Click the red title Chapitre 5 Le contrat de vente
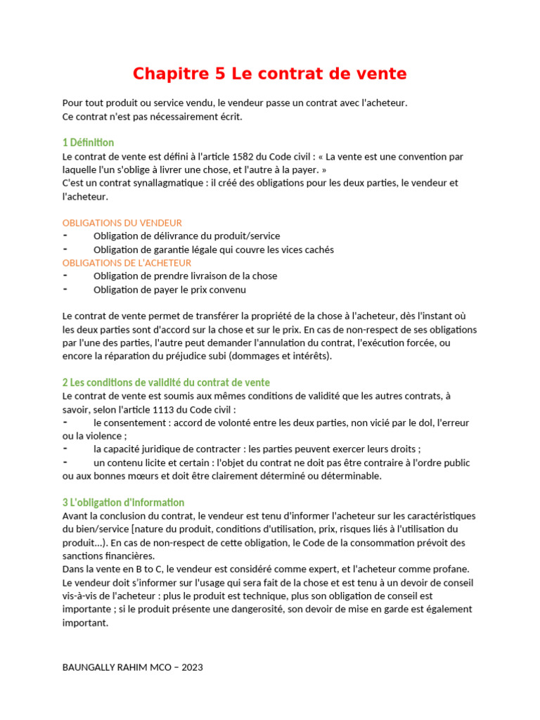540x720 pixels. click(270, 73)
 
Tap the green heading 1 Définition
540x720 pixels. click(88, 143)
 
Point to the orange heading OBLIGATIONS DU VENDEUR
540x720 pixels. click(122, 223)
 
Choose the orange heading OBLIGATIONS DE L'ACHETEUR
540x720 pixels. click(127, 263)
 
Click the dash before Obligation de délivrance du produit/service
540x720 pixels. click(65, 236)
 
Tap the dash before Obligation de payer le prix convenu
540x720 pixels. click(65, 289)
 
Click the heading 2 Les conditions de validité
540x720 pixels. click(166, 382)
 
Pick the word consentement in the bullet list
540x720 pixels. click(136, 423)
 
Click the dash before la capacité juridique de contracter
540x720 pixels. click(65, 449)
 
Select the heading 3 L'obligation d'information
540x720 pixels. click(123, 503)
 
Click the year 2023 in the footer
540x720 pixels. click(192, 667)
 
